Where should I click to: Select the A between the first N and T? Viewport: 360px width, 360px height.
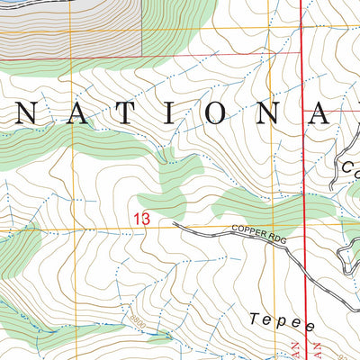click(69, 112)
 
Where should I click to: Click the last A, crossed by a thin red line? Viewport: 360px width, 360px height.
click(319, 112)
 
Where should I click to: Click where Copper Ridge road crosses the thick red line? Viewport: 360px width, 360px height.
click(301, 261)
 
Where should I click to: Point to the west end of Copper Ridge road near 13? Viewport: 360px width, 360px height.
click(175, 224)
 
